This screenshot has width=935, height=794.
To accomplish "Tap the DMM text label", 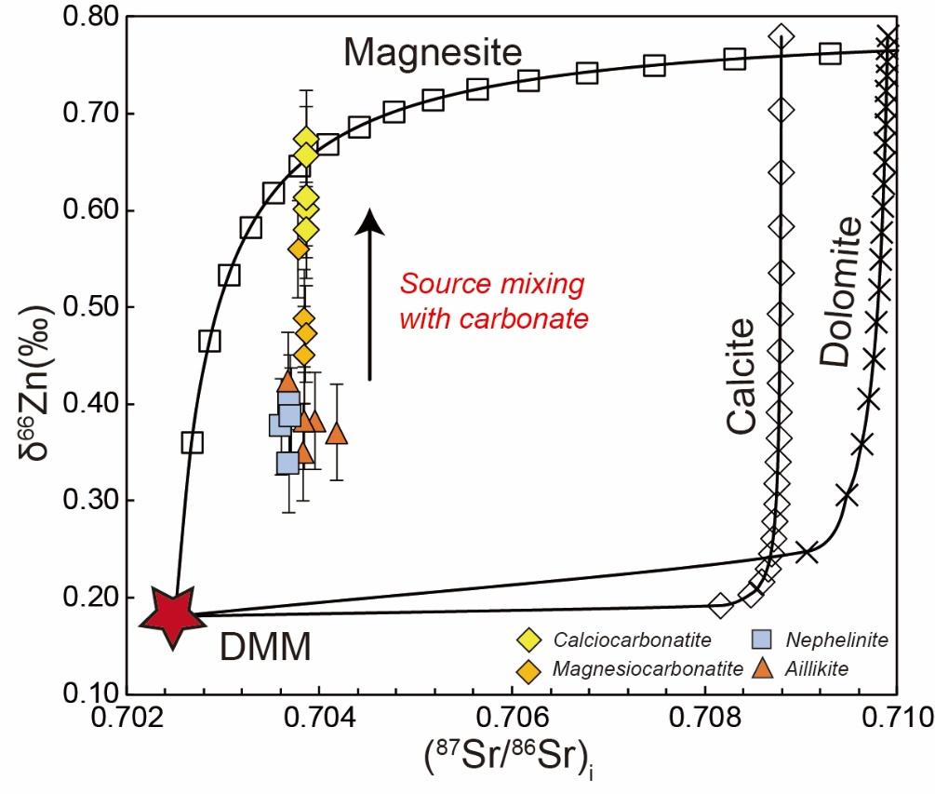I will pos(265,647).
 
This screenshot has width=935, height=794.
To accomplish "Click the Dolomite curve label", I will pos(836,290).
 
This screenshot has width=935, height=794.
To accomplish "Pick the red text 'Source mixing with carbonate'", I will pos(492,301).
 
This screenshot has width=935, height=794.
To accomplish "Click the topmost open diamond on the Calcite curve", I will pos(781,36).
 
